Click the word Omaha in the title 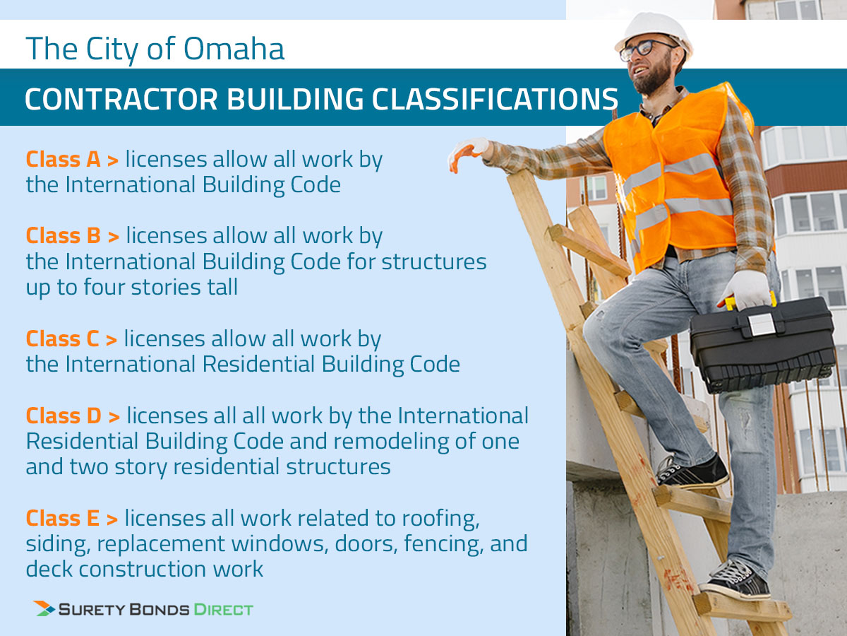234,49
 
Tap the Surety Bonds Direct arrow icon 44,608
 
